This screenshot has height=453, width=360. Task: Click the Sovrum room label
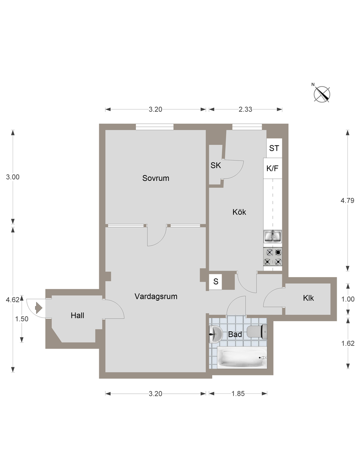156,178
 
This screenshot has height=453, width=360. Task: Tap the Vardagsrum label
156,296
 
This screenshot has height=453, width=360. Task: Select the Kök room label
239,212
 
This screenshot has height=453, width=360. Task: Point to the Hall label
77,315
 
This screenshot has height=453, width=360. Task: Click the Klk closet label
308,298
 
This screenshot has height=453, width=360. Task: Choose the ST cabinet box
274,148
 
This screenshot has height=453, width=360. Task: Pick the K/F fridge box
273,168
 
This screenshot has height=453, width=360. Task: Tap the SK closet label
216,165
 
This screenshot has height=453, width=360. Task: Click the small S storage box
216,282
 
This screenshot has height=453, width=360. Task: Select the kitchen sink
273,236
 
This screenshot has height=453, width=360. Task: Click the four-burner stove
273,257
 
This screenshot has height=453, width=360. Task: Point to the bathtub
242,358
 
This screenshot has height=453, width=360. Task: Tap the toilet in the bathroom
257,331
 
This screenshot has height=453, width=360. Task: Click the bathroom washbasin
215,334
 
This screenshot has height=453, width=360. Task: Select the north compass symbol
322,93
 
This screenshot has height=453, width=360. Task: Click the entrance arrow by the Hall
39,308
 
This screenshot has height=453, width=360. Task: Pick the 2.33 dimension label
245,109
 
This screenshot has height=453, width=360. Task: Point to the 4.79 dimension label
347,200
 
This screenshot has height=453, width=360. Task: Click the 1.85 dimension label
238,393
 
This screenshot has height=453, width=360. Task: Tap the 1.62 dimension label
348,343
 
